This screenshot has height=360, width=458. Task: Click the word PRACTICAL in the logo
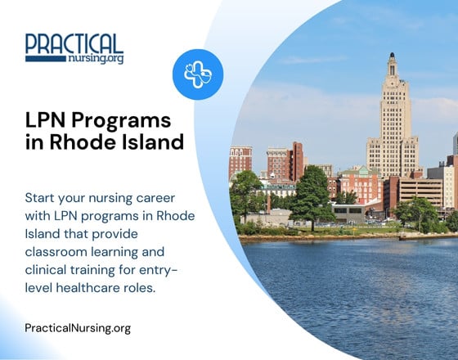pos(74,43)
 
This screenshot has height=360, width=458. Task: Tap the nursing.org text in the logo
pos(97,59)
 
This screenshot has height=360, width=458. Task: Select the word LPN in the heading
pos(44,121)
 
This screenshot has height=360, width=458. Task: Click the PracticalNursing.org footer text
pos(78,328)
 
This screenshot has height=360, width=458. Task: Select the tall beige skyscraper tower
pos(392,131)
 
